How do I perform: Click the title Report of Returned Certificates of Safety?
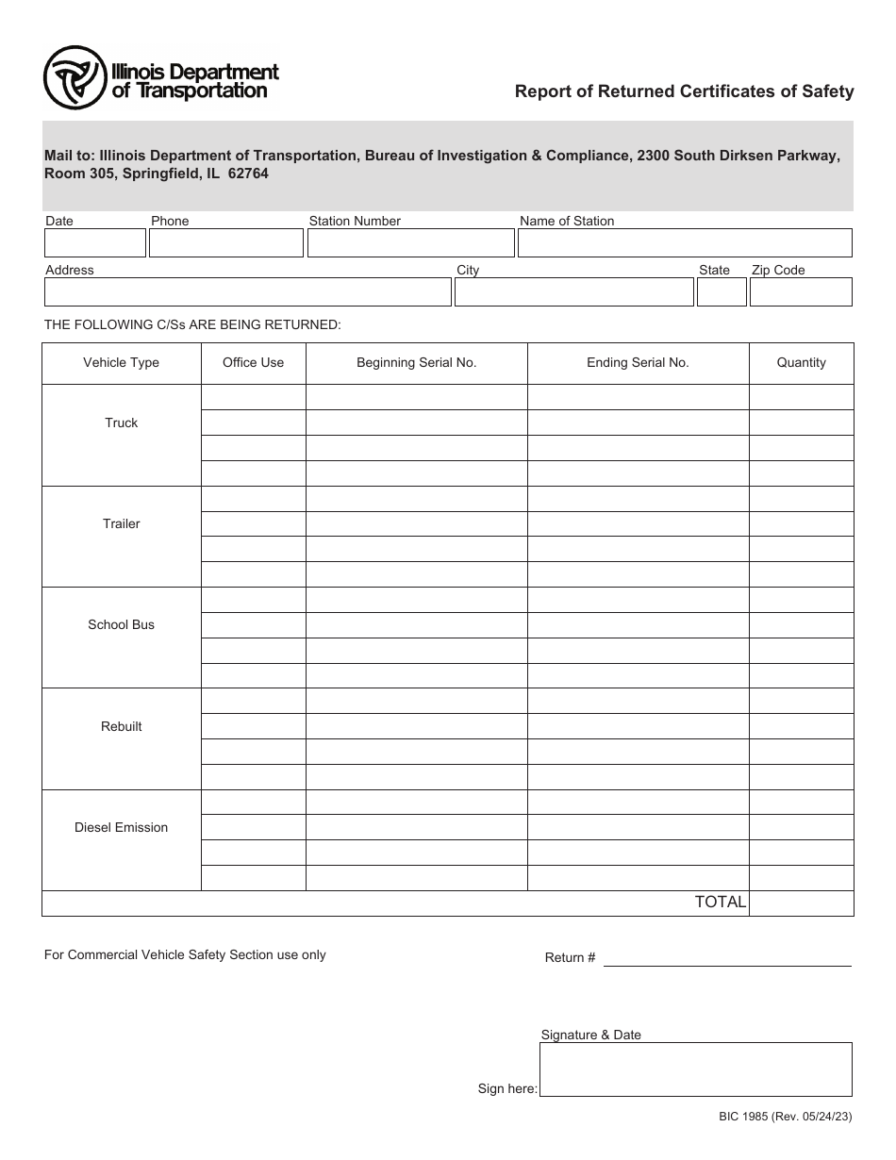pos(684,91)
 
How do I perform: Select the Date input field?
pos(94,243)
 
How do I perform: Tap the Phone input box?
pos(226,243)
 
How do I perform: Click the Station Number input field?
pos(410,243)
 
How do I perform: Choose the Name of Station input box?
pos(685,243)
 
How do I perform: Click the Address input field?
pos(247,292)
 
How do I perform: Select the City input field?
pos(573,292)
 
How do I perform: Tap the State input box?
pos(722,292)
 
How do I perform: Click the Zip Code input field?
pos(801,292)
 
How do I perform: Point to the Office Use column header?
pos(253,363)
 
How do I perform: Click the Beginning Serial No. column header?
pos(416,363)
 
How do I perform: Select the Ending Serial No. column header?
pos(638,363)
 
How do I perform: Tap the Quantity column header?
pos(801,363)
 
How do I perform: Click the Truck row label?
pos(121,423)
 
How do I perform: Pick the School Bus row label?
pos(121,625)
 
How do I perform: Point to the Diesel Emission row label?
pos(121,828)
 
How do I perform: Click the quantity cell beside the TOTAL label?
pos(801,903)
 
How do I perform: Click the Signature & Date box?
pos(696,1069)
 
